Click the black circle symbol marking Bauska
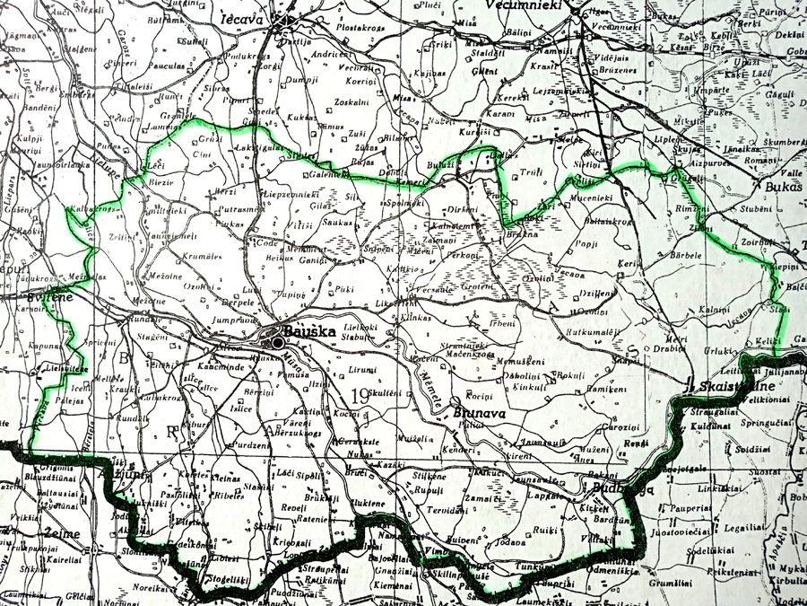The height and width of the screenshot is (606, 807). tap(278, 342)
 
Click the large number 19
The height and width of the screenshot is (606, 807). tap(360, 392)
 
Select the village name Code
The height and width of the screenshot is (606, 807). tap(266, 242)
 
